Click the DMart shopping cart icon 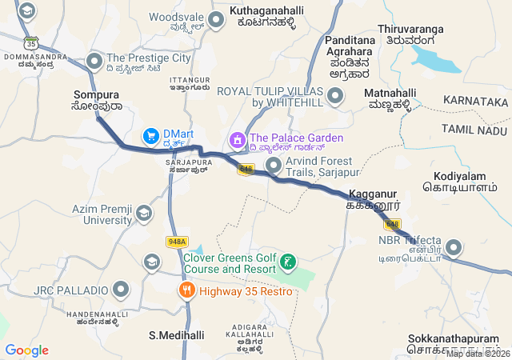(150, 137)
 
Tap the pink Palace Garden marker (236, 141)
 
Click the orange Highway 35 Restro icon (187, 290)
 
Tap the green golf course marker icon (288, 262)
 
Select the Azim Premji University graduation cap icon (143, 214)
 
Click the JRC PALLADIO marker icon (122, 289)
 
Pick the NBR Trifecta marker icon (454, 247)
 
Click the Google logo (26, 350)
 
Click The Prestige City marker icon (95, 59)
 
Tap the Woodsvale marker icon (215, 18)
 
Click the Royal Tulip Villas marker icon (335, 97)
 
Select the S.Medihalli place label (177, 335)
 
